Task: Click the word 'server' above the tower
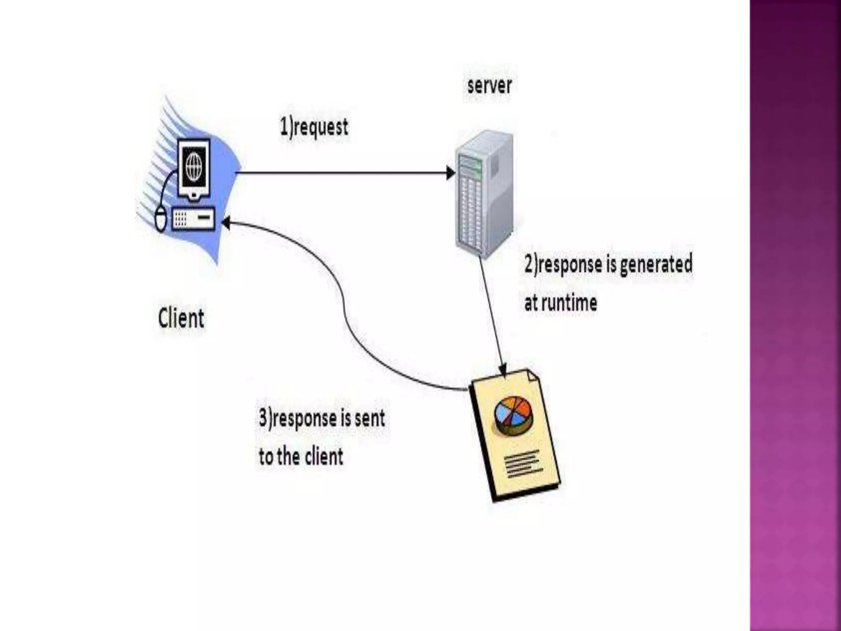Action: coord(489,86)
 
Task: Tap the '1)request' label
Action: coord(314,127)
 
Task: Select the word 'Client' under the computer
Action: coord(181,318)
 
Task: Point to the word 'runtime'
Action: coord(568,303)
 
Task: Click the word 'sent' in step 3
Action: coord(370,418)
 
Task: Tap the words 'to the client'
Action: coord(301,456)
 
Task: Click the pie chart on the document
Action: coord(513,415)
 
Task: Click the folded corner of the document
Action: coord(532,375)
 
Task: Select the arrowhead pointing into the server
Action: coord(450,173)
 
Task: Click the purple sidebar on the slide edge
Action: coord(795,315)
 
